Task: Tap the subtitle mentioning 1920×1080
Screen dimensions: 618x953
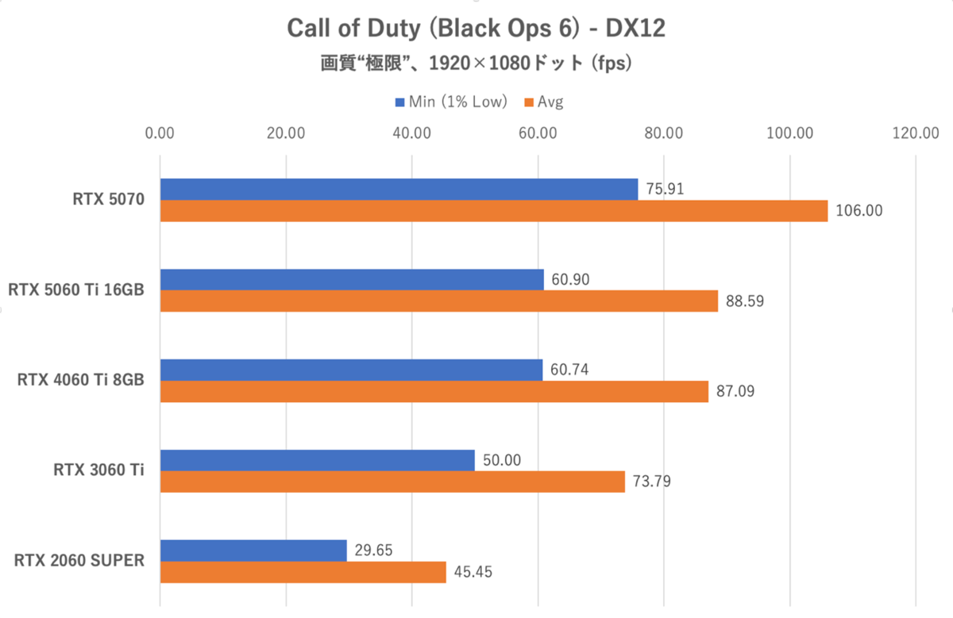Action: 476,63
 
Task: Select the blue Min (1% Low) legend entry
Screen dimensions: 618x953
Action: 450,102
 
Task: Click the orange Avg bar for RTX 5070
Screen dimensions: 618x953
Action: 493,211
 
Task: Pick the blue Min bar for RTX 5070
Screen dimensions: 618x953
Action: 399,190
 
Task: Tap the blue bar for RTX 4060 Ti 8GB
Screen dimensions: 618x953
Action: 351,370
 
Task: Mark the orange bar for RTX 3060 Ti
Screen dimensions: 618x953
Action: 392,482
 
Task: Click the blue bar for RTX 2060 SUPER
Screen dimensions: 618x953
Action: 253,551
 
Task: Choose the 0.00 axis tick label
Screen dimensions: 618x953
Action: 160,133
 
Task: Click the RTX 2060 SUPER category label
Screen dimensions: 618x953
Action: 79,561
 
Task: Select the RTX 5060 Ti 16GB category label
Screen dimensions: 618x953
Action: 76,290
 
